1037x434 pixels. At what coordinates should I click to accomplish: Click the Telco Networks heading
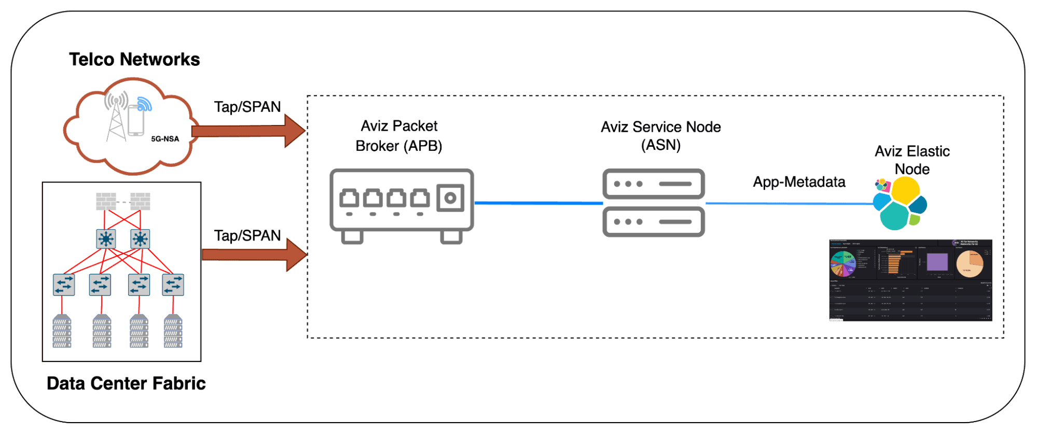(134, 59)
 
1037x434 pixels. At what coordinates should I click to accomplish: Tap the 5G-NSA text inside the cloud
(165, 139)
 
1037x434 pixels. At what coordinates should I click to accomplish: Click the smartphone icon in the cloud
(136, 120)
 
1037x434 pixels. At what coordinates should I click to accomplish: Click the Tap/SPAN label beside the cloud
(247, 107)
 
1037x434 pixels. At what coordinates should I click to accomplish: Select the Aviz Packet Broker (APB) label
(399, 136)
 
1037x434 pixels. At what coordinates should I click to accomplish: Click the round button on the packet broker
(450, 198)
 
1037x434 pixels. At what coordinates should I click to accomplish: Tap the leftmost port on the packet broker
(349, 199)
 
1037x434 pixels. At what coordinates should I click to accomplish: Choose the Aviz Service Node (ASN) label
(660, 136)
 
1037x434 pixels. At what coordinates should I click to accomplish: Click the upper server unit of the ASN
(653, 184)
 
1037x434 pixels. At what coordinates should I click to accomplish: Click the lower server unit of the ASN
(653, 222)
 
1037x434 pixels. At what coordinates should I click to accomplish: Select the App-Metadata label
(799, 182)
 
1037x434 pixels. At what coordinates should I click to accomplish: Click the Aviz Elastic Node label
(912, 160)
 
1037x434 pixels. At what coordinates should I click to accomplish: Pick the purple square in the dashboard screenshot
(937, 262)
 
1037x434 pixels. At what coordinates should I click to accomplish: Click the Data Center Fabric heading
(126, 383)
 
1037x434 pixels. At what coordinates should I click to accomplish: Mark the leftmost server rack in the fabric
(62, 332)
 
